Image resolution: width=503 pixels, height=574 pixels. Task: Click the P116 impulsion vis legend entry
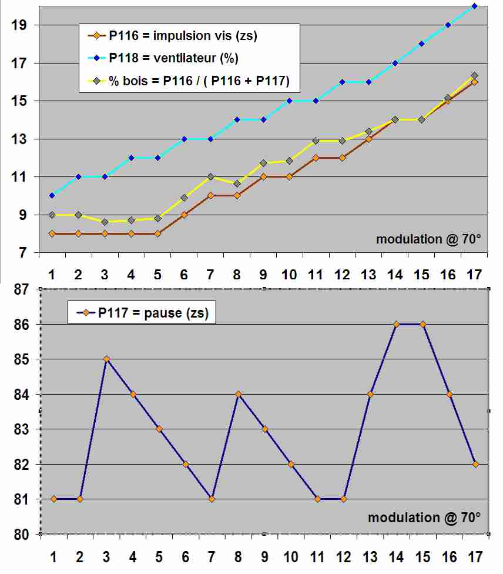[x=182, y=36]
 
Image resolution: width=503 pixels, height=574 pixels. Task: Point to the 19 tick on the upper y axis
[x=18, y=25]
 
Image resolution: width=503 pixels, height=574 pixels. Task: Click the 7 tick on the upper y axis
[x=22, y=253]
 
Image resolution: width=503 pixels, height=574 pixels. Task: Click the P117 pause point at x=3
[x=106, y=359]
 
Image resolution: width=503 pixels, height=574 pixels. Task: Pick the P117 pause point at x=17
[x=475, y=464]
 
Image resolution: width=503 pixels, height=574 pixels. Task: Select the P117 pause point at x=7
[x=212, y=499]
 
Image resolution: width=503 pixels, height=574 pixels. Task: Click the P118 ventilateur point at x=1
[x=52, y=195]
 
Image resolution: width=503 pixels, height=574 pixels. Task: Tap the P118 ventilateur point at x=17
[x=474, y=6]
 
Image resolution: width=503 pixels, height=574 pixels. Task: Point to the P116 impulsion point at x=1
[x=52, y=233]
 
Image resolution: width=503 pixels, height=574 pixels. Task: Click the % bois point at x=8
[x=237, y=183]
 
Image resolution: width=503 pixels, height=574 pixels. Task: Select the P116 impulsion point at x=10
[x=289, y=176]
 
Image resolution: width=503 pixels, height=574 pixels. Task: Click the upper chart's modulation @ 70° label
[x=428, y=239]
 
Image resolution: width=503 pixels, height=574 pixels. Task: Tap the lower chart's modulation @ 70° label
[x=424, y=518]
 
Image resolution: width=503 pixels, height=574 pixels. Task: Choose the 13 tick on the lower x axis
[x=370, y=556]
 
